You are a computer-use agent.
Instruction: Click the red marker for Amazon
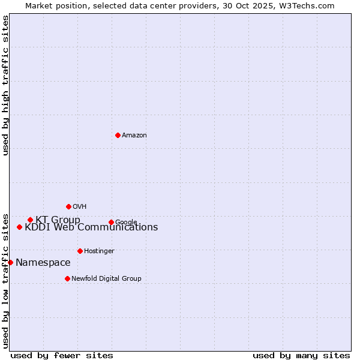click(118, 135)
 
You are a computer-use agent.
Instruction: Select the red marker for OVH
click(68, 206)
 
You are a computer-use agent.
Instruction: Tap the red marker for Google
click(111, 222)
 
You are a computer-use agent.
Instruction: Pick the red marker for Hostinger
click(80, 251)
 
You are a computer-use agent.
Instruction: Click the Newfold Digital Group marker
click(67, 278)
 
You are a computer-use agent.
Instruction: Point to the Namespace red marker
click(10, 262)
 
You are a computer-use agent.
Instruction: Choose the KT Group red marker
click(30, 220)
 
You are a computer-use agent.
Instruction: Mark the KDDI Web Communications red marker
click(19, 227)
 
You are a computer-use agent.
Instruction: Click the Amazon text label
click(134, 136)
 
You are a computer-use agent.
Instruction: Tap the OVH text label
click(80, 207)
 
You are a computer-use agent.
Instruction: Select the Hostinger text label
click(99, 251)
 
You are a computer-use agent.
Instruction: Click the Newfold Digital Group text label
click(106, 279)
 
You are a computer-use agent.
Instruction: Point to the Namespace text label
click(43, 263)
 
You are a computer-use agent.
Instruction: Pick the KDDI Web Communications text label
click(91, 227)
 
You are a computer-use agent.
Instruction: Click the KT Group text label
click(58, 220)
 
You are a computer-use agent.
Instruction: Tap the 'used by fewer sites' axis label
click(62, 356)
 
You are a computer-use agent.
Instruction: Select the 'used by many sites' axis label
click(301, 356)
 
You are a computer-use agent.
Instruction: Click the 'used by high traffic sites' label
click(5, 85)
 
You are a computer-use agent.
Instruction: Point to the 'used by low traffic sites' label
click(5, 281)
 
